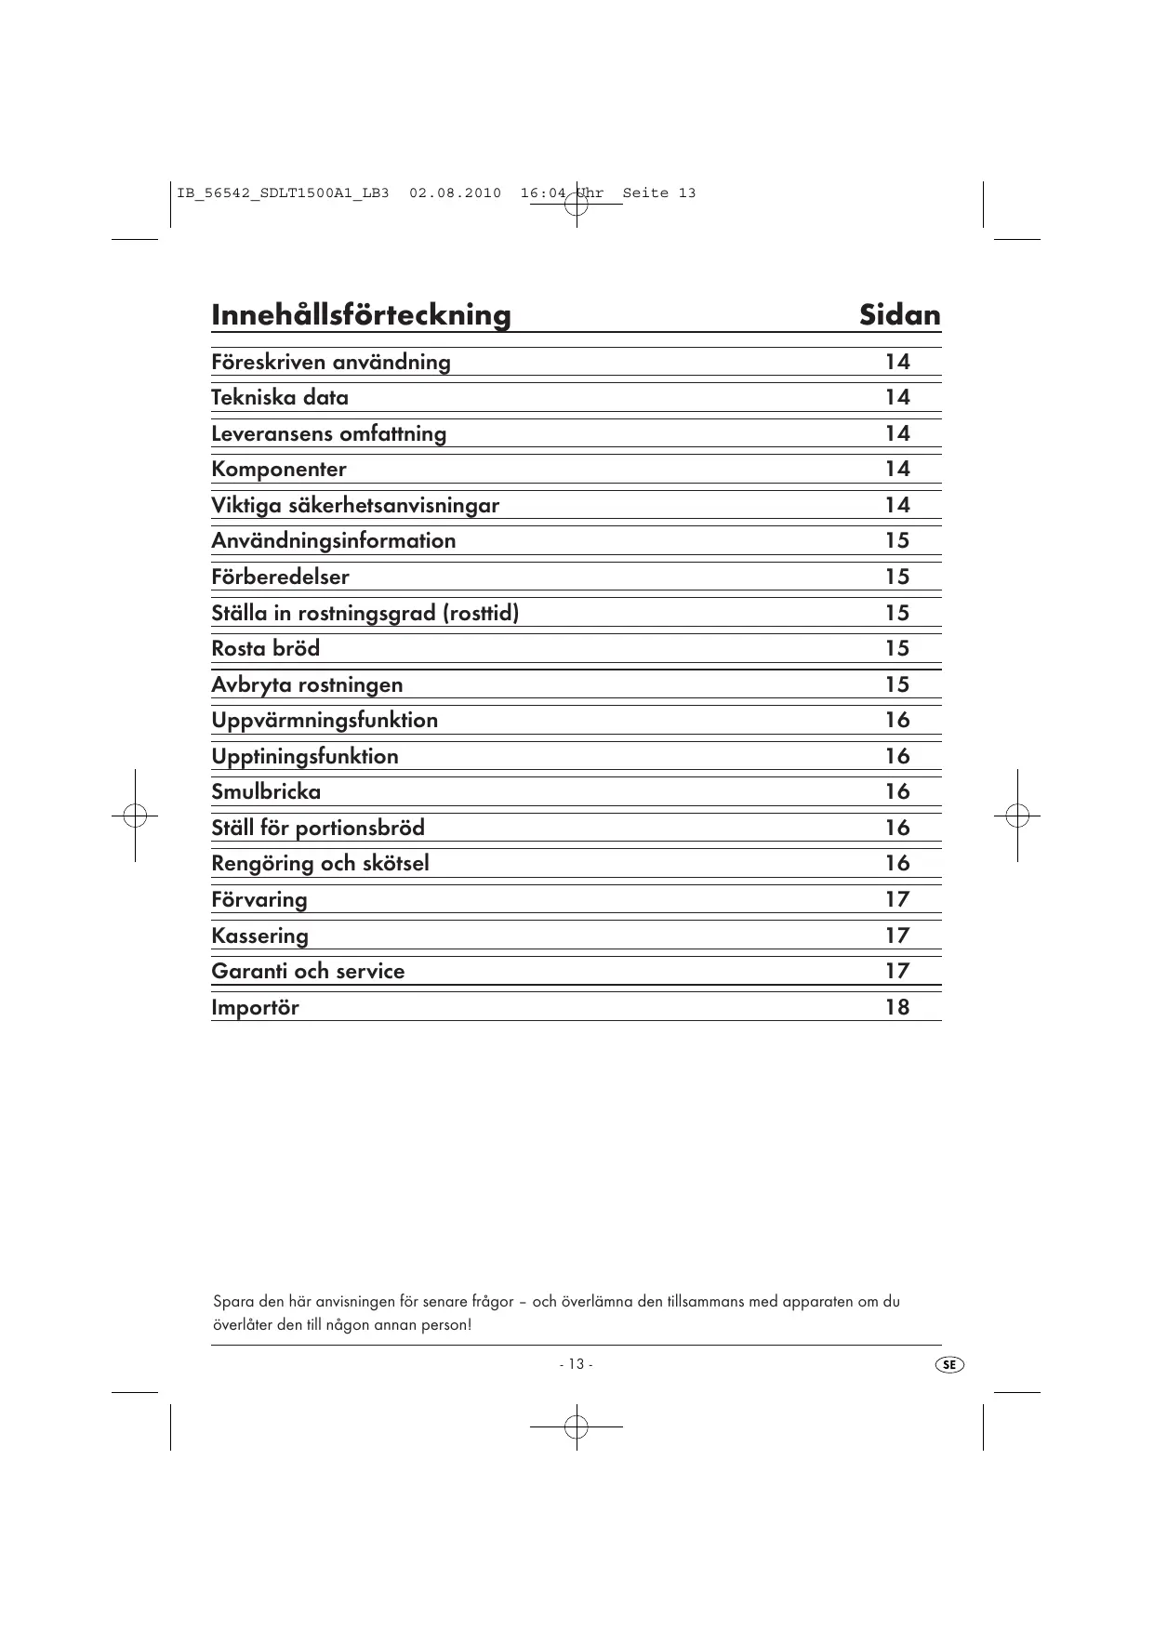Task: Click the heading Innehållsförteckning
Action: coord(361,315)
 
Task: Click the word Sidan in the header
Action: coord(899,315)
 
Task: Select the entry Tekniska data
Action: coord(280,398)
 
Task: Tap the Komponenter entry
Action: coord(279,470)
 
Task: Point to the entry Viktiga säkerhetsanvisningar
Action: coord(355,506)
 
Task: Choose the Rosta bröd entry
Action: coord(265,649)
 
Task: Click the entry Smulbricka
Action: coord(266,792)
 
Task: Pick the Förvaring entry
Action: coord(259,900)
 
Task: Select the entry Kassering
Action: coord(259,936)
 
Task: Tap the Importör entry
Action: coord(255,1008)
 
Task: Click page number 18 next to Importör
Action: coord(896,1008)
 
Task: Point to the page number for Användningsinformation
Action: coord(896,541)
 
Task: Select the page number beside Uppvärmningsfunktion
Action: coord(896,721)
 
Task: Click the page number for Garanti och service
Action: coord(896,972)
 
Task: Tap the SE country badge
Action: coord(948,1365)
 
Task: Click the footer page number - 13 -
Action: coord(576,1364)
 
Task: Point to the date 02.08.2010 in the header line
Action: coord(455,193)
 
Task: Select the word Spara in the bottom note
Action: coord(232,1302)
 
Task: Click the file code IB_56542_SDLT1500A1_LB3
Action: coord(283,193)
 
